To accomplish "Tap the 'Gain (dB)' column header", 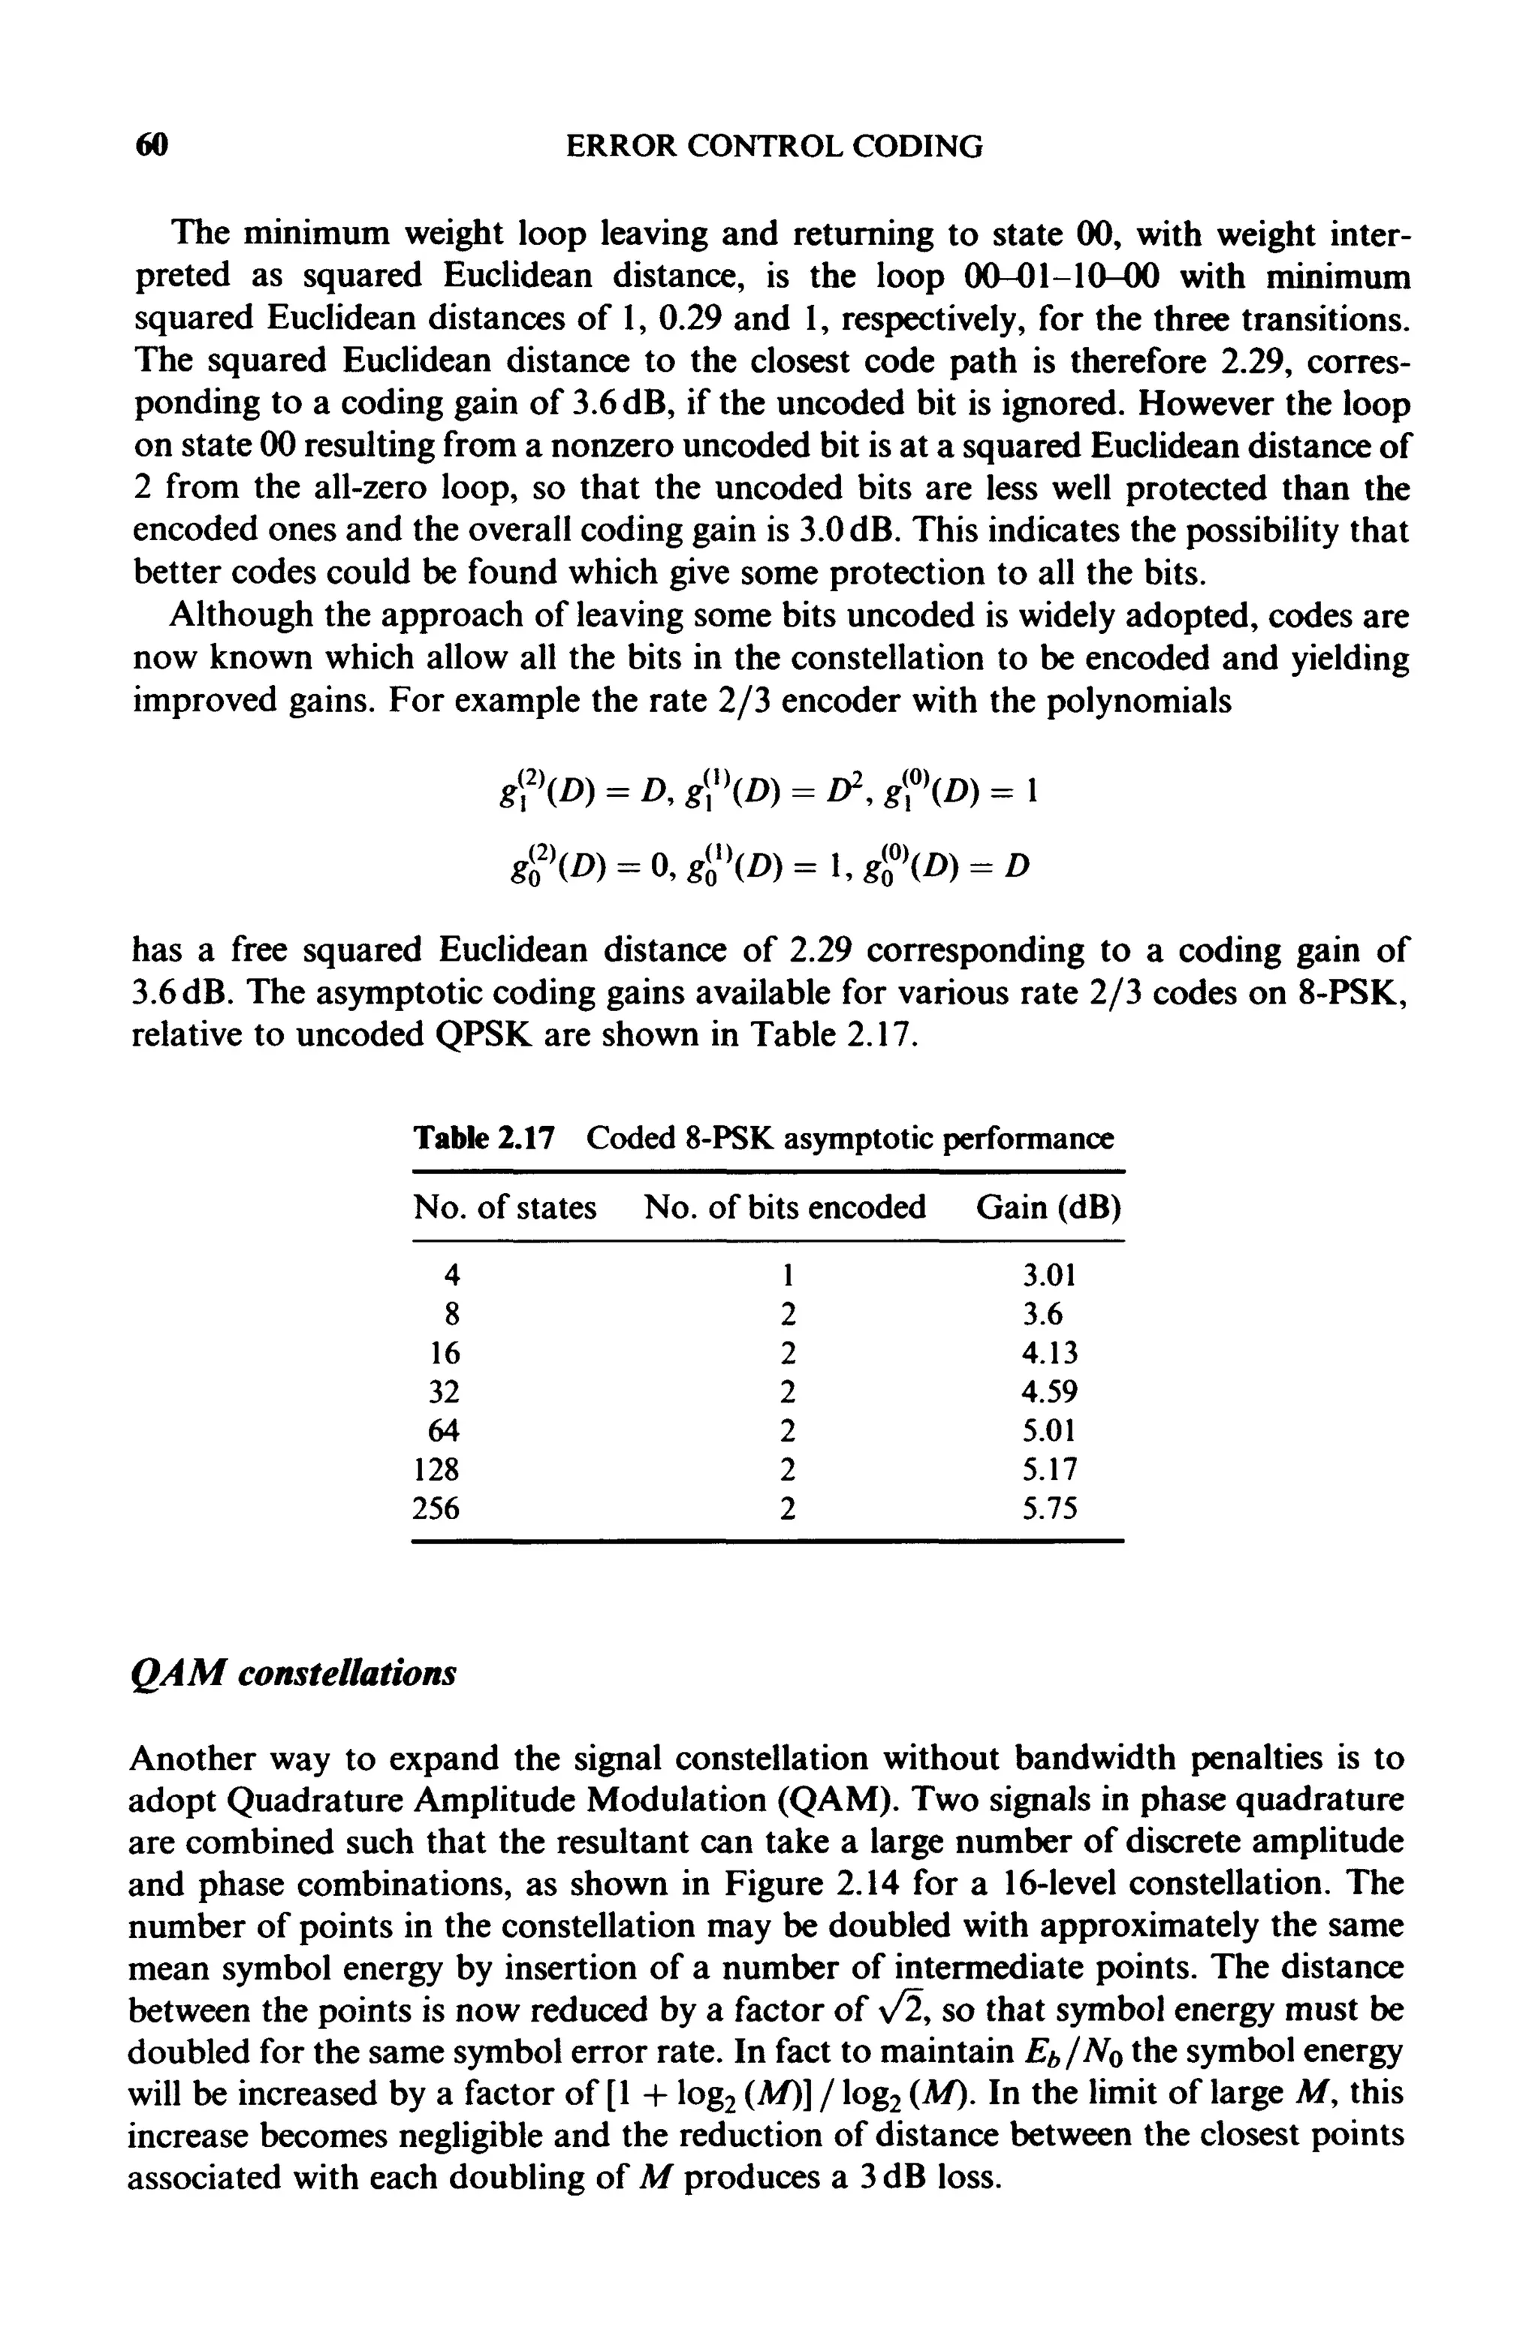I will (x=1048, y=1206).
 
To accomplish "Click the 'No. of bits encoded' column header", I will (x=785, y=1206).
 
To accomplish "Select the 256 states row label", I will (x=436, y=1508).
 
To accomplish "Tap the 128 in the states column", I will (x=436, y=1469).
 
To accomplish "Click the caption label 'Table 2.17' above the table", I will (x=484, y=1138).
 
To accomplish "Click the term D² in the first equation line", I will (x=826, y=791).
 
